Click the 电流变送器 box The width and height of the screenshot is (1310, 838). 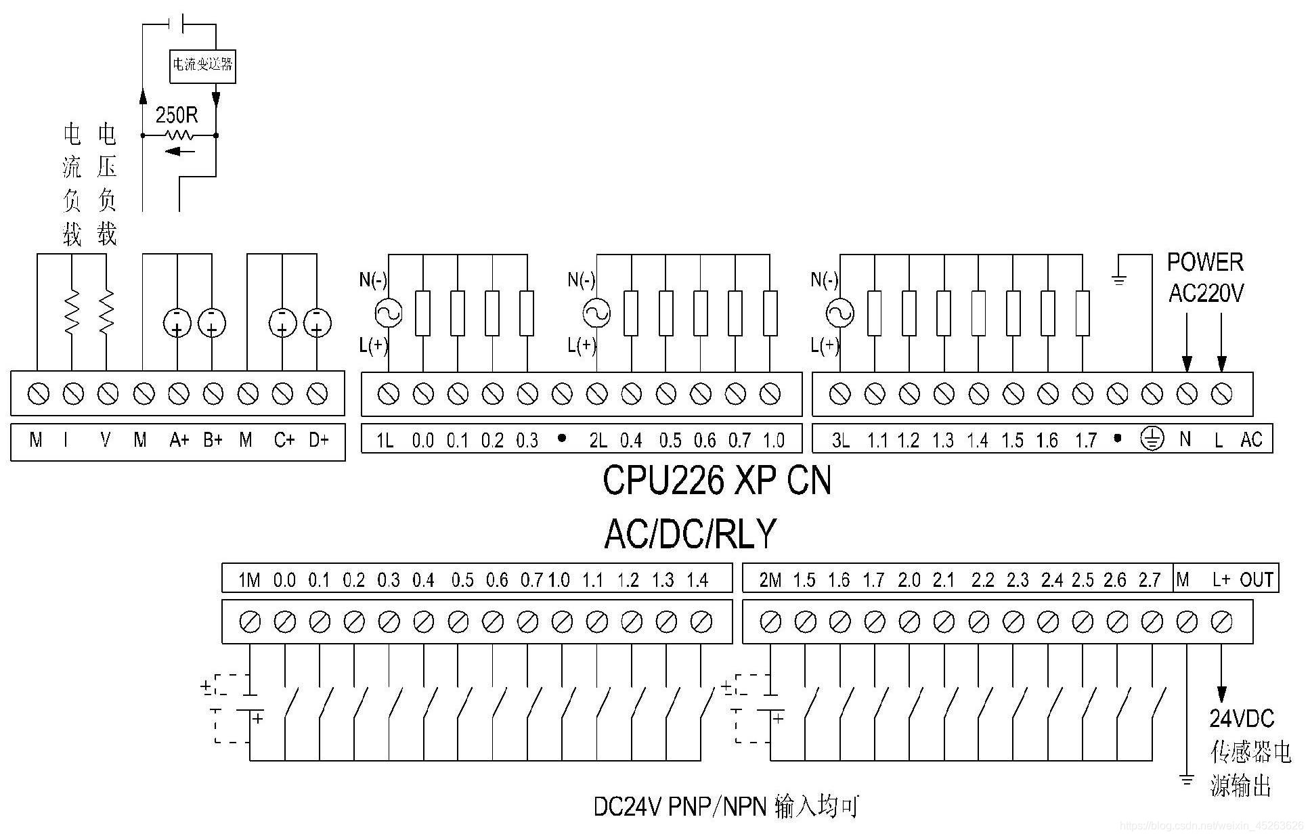pos(202,65)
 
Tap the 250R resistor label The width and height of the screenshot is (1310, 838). pos(177,115)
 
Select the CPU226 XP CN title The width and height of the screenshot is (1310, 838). pos(716,481)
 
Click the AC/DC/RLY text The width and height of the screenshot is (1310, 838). pos(690,534)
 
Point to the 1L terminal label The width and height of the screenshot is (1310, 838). pos(385,441)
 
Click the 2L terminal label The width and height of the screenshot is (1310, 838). pos(597,441)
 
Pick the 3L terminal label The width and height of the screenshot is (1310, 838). pos(840,441)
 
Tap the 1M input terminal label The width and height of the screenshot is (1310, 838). pos(249,580)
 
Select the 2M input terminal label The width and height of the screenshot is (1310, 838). pos(770,580)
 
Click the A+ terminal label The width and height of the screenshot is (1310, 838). pos(179,441)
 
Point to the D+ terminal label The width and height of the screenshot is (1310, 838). pos(318,441)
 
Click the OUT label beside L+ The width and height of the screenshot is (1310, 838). pos(1257,579)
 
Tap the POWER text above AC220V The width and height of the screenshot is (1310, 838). pos(1205,263)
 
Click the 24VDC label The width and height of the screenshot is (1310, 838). pos(1242,719)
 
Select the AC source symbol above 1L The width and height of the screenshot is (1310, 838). pos(389,313)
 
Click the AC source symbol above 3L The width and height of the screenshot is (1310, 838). pos(840,313)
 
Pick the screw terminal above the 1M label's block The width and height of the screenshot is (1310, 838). pos(250,621)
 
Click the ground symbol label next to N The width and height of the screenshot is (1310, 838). pos(1152,440)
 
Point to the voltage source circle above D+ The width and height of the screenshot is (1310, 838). pos(318,323)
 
